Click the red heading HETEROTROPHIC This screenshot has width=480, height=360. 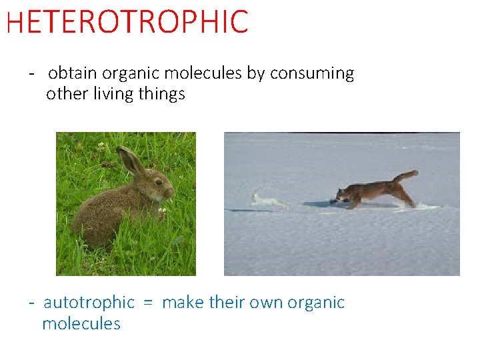point(127,22)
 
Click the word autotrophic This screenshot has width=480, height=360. point(89,303)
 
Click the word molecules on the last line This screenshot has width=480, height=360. point(81,324)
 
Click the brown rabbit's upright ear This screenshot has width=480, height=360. point(131,161)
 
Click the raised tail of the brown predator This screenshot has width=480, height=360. point(406,176)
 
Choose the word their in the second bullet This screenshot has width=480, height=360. point(229,303)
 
